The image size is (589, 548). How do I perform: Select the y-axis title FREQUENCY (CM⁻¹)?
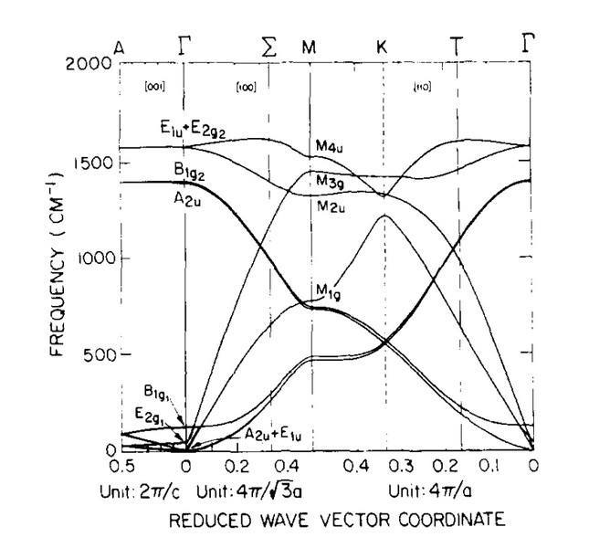click(x=53, y=257)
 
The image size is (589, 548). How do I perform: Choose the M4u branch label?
click(x=329, y=147)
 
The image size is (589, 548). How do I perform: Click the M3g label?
click(x=331, y=183)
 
